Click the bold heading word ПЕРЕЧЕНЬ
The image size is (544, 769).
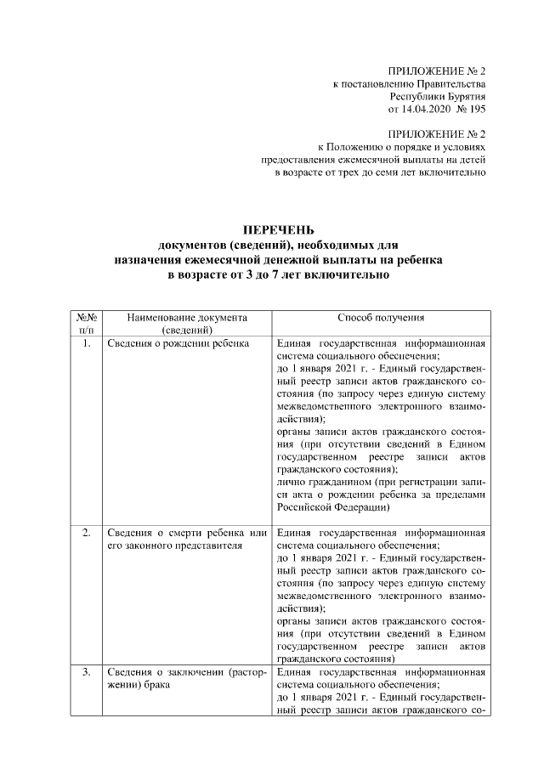coord(279,229)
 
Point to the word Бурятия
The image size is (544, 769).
coord(466,97)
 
